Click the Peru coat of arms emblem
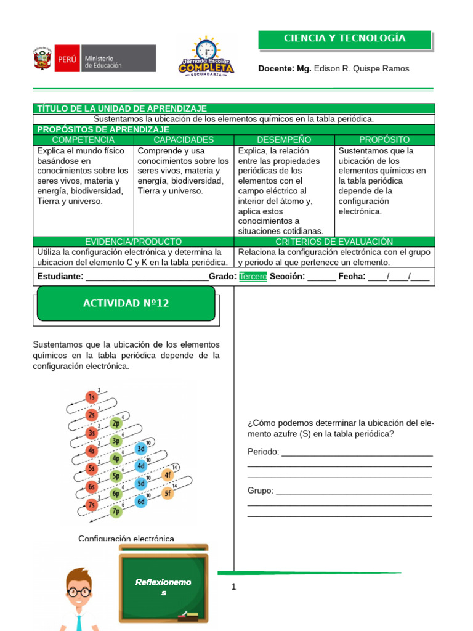pyautogui.click(x=41, y=60)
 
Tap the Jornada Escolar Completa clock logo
pyautogui.click(x=206, y=57)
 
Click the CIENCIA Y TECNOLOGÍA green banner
pyautogui.click(x=345, y=39)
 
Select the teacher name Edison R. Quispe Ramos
pyautogui.click(x=361, y=68)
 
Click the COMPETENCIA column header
pyautogui.click(x=83, y=140)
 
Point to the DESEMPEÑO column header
pyautogui.click(x=284, y=140)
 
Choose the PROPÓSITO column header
pyautogui.click(x=384, y=140)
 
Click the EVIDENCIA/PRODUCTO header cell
pyautogui.click(x=133, y=242)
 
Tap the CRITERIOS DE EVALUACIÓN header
pyautogui.click(x=334, y=242)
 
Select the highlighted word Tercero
pyautogui.click(x=253, y=277)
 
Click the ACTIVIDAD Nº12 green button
pyautogui.click(x=126, y=304)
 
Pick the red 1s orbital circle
pyautogui.click(x=91, y=396)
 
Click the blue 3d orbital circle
pyautogui.click(x=141, y=449)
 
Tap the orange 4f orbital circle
pyautogui.click(x=167, y=475)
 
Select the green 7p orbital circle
pyautogui.click(x=116, y=511)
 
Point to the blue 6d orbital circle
pyautogui.click(x=141, y=502)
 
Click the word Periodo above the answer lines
pyautogui.click(x=263, y=452)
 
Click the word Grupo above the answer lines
pyautogui.click(x=261, y=491)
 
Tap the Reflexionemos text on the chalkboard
pyautogui.click(x=163, y=587)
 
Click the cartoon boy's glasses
pyautogui.click(x=79, y=592)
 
